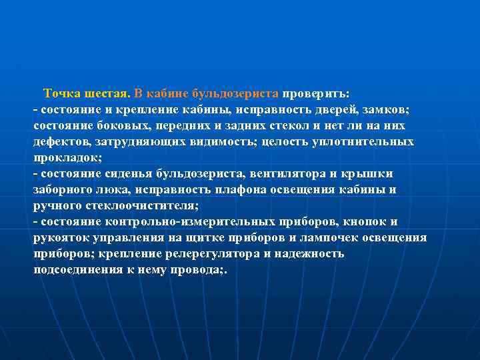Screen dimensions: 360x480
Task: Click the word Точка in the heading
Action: point(62,93)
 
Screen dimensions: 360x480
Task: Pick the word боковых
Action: point(121,125)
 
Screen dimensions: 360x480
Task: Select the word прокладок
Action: point(67,158)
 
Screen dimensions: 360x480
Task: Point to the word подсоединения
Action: point(81,270)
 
